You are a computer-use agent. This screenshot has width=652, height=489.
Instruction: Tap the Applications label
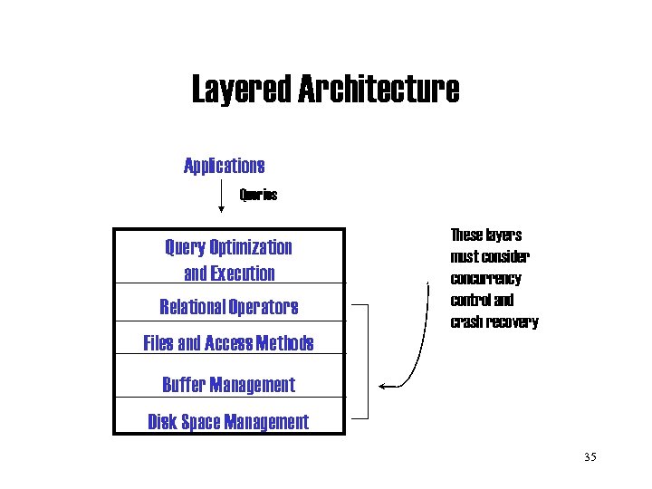[x=224, y=166]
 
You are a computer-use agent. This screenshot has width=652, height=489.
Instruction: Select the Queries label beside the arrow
[x=258, y=195]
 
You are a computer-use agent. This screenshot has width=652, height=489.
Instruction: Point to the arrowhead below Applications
[x=222, y=210]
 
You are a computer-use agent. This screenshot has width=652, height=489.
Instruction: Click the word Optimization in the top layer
[x=251, y=247]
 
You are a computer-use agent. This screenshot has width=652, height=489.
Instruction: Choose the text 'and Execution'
[x=228, y=273]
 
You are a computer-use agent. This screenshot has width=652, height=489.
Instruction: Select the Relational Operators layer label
[x=228, y=307]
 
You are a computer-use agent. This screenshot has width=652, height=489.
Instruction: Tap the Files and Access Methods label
[x=228, y=343]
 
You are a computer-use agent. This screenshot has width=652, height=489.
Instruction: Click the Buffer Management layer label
[x=228, y=385]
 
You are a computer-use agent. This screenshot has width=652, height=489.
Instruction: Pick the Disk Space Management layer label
[x=228, y=422]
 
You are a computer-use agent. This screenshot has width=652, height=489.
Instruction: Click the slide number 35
[x=590, y=457]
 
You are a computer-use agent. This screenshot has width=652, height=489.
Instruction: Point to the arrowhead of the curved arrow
[x=382, y=387]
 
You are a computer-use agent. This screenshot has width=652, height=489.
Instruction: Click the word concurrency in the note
[x=485, y=278]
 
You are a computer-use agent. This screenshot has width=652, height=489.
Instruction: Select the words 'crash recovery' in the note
[x=494, y=321]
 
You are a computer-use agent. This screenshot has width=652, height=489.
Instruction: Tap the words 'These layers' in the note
[x=485, y=235]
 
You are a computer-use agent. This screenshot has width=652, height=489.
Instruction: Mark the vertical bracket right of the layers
[x=369, y=362]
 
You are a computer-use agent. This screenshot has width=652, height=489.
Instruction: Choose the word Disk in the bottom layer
[x=163, y=422]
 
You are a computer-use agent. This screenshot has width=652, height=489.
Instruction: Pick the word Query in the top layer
[x=185, y=247]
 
